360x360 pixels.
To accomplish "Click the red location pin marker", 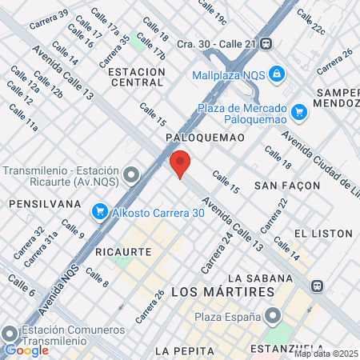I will pyautogui.click(x=180, y=163).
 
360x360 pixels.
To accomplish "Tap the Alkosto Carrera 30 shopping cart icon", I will pyautogui.click(x=100, y=211).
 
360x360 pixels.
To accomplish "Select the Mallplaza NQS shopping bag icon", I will pyautogui.click(x=276, y=74).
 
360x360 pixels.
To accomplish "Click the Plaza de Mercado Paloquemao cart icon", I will pyautogui.click(x=300, y=112).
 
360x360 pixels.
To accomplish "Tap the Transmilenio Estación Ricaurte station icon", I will pyautogui.click(x=130, y=175).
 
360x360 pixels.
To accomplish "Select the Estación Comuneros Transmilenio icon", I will pyautogui.click(x=10, y=334).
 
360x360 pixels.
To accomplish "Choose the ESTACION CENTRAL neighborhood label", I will pyautogui.click(x=135, y=77).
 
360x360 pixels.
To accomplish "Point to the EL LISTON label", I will pyautogui.click(x=323, y=233).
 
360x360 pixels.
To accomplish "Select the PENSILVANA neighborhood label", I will pyautogui.click(x=45, y=204).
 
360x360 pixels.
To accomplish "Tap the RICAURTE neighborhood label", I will pyautogui.click(x=123, y=251).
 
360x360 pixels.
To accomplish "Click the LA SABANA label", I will pyautogui.click(x=268, y=278).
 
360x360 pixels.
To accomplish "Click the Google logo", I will pyautogui.click(x=26, y=350).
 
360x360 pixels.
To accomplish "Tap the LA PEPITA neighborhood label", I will pyautogui.click(x=185, y=350).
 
